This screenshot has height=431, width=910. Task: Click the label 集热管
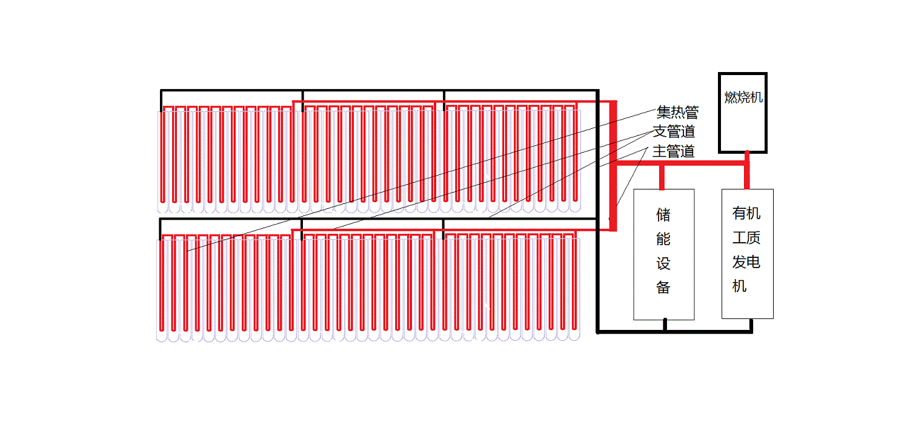(677, 112)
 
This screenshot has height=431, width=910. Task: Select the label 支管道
(673, 131)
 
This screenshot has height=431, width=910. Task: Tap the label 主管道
(673, 151)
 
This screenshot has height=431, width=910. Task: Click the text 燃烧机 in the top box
(743, 97)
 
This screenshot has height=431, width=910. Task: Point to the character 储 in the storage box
(663, 215)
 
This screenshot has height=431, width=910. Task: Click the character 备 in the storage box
(663, 288)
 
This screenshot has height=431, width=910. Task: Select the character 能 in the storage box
(663, 239)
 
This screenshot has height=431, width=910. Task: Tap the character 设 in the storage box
(663, 264)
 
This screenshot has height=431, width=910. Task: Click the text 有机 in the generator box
(746, 214)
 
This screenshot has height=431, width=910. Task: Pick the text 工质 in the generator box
(746, 238)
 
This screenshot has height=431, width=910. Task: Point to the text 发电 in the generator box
(746, 262)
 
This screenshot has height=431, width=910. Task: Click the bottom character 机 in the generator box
(739, 286)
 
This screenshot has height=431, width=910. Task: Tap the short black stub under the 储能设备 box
(665, 325)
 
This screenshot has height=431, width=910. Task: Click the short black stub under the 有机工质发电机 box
(751, 325)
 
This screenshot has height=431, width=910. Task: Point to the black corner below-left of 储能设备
(598, 331)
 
